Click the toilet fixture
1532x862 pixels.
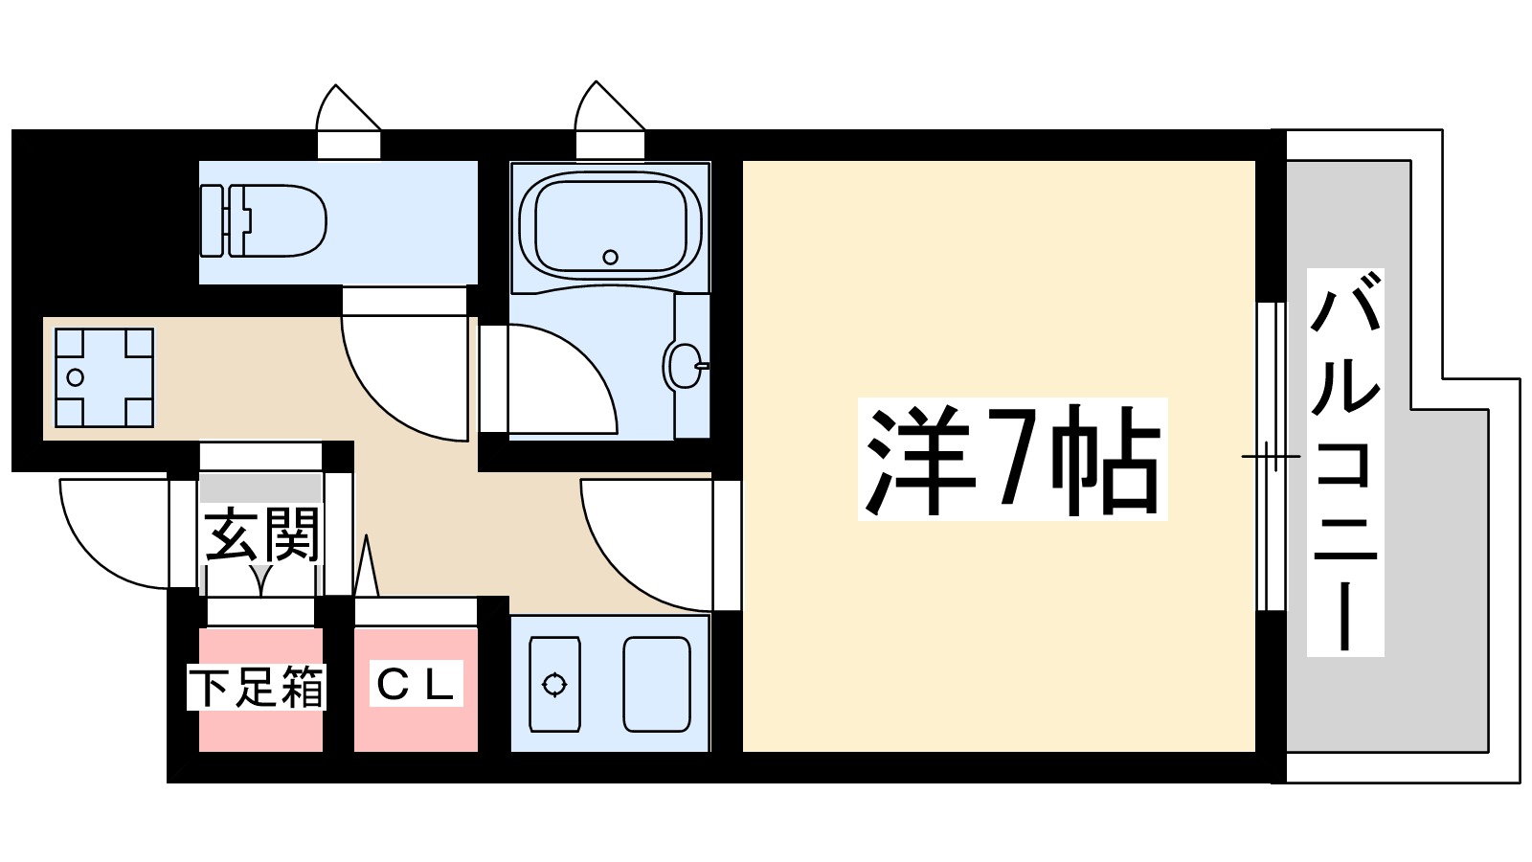263,221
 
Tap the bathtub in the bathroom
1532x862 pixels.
610,226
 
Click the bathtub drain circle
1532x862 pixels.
610,257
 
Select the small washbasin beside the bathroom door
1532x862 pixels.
684,365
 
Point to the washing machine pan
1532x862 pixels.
103,377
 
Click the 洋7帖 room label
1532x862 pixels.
1012,459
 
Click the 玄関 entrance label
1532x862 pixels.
261,535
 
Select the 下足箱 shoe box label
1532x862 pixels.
257,687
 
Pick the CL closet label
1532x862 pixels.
416,683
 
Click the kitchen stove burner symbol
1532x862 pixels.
554,684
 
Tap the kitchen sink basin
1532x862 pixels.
657,684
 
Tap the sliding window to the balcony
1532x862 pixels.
1271,456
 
